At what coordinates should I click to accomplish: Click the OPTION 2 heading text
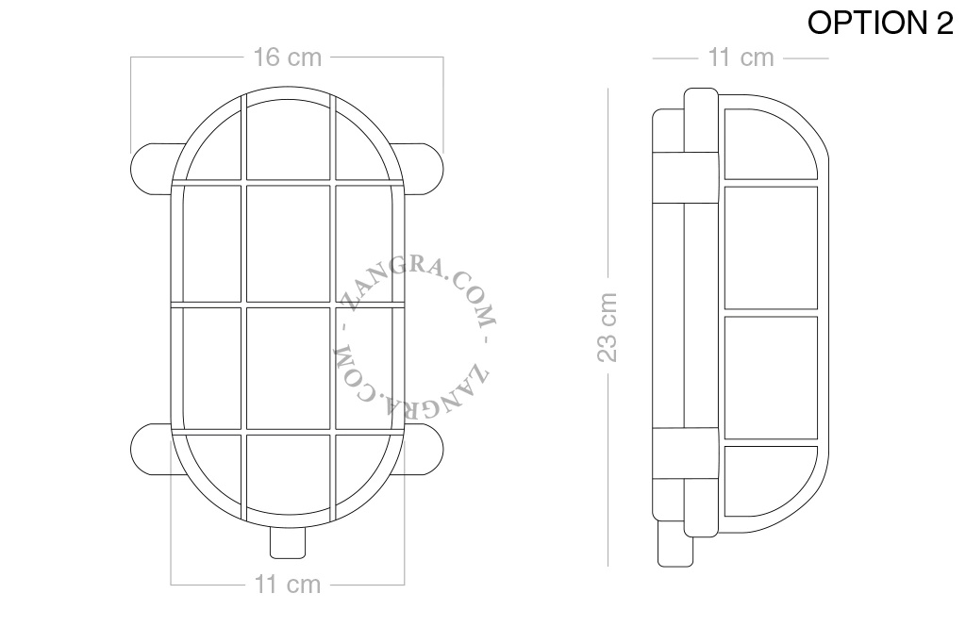[x=880, y=24]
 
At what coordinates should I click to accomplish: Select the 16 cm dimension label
[x=288, y=58]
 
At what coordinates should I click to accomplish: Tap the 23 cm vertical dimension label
[x=608, y=327]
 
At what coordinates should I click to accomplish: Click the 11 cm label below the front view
[x=288, y=585]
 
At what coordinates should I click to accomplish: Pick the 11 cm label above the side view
[x=741, y=58]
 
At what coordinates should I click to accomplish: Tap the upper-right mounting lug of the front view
[x=422, y=170]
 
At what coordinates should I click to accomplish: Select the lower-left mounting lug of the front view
[x=152, y=450]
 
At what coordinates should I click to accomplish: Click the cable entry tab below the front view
[x=288, y=543]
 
